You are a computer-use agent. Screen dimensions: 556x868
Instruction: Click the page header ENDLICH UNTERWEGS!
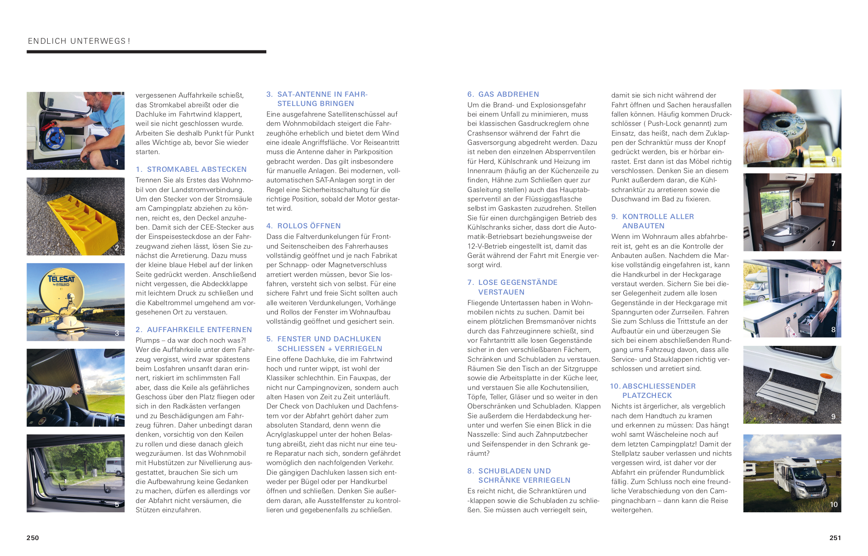click(x=79, y=41)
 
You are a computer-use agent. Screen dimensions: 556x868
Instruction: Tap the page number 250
click(x=33, y=537)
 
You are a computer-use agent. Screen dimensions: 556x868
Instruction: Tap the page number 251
click(x=835, y=537)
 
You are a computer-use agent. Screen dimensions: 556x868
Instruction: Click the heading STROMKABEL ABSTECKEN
click(x=197, y=169)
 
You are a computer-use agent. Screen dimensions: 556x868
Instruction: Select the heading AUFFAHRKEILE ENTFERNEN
click(x=199, y=329)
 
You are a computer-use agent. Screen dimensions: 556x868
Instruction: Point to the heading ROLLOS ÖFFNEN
click(x=309, y=226)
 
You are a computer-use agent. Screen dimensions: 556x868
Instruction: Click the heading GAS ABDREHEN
click(x=508, y=94)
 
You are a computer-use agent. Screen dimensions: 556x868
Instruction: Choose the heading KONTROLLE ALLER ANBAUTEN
click(x=658, y=221)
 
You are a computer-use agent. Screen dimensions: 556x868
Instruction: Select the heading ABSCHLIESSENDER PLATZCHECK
click(x=658, y=390)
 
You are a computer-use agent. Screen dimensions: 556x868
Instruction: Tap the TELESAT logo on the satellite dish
click(x=61, y=279)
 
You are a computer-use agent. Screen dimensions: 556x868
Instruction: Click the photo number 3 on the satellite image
click(x=117, y=333)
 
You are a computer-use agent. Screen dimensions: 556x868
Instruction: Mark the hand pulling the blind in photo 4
click(x=75, y=389)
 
